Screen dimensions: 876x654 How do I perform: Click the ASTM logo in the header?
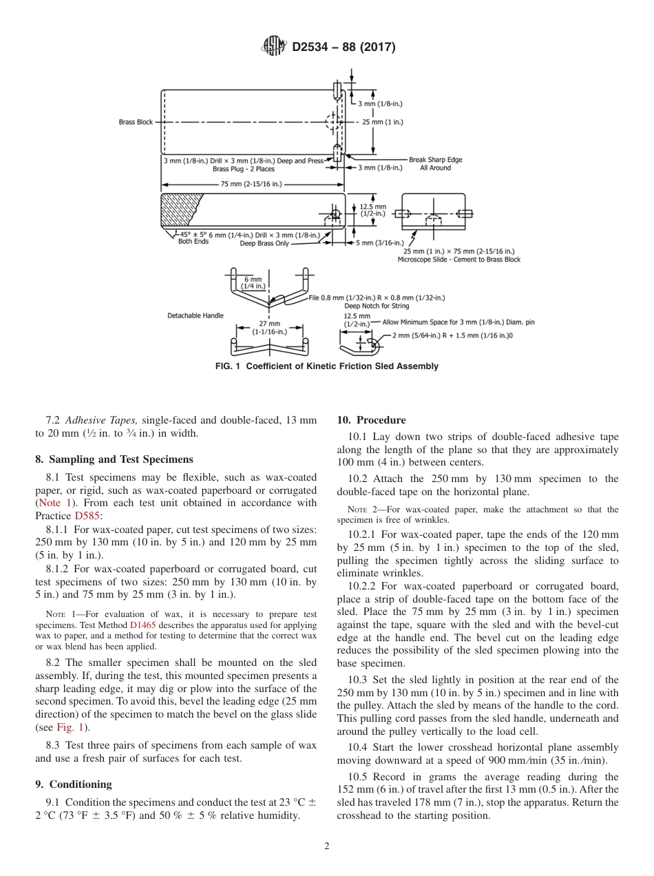pos(275,47)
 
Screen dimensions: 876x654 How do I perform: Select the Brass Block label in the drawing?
pos(136,122)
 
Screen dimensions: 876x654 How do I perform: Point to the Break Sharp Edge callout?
pos(435,160)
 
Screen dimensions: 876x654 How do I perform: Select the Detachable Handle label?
pos(196,315)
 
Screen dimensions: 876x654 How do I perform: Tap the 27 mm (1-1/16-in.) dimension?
pos(268,326)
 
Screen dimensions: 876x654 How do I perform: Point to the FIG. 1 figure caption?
pos(326,366)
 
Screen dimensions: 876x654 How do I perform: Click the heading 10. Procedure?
pos(371,420)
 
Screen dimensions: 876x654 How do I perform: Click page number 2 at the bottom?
pos(327,846)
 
